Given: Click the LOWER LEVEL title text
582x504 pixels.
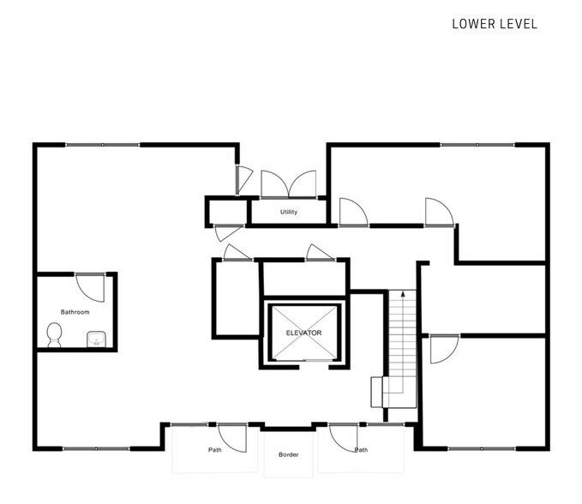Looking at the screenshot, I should pyautogui.click(x=495, y=24).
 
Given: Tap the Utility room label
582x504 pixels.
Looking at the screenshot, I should pyautogui.click(x=289, y=212).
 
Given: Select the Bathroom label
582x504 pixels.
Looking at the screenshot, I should pyautogui.click(x=75, y=312).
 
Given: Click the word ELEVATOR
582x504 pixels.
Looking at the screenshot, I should pyautogui.click(x=303, y=333).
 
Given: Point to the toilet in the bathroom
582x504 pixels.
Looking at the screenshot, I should pyautogui.click(x=55, y=334).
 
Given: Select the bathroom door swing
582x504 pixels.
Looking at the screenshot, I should pyautogui.click(x=90, y=286).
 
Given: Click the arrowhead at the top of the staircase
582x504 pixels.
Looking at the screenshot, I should pyautogui.click(x=403, y=294).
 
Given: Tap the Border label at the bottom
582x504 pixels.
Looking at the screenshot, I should pyautogui.click(x=288, y=454).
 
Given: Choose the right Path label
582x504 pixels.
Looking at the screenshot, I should pyautogui.click(x=362, y=449).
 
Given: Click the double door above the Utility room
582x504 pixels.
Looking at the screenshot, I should pyautogui.click(x=288, y=184).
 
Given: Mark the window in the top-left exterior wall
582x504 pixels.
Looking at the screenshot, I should pyautogui.click(x=103, y=145).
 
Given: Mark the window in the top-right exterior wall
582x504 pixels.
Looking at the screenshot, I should pyautogui.click(x=477, y=145).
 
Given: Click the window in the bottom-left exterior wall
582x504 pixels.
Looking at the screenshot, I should pyautogui.click(x=96, y=448).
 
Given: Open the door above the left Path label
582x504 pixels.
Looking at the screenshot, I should pyautogui.click(x=231, y=436).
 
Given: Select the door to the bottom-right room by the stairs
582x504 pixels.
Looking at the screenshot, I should pyautogui.click(x=442, y=348).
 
